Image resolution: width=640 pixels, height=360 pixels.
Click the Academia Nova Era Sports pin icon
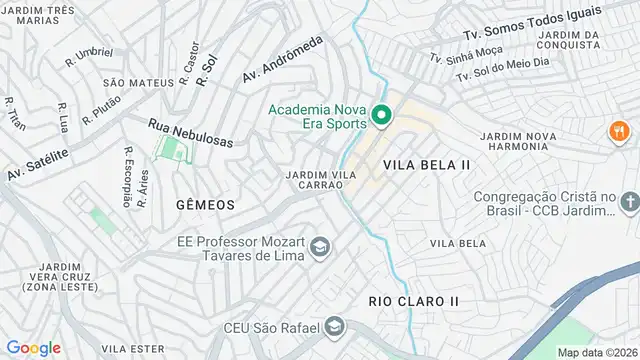(381, 117)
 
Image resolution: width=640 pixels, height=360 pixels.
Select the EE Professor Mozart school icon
(319, 247)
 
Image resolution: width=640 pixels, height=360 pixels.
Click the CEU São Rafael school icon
(336, 327)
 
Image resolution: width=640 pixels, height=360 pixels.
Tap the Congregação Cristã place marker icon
(628, 204)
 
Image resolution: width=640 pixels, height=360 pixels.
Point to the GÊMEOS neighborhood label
(205, 204)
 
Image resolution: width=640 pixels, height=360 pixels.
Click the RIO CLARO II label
(413, 300)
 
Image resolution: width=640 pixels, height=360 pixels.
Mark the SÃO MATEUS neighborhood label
(127, 82)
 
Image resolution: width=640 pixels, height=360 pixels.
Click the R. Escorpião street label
(128, 177)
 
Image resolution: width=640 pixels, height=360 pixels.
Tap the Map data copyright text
(596, 352)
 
